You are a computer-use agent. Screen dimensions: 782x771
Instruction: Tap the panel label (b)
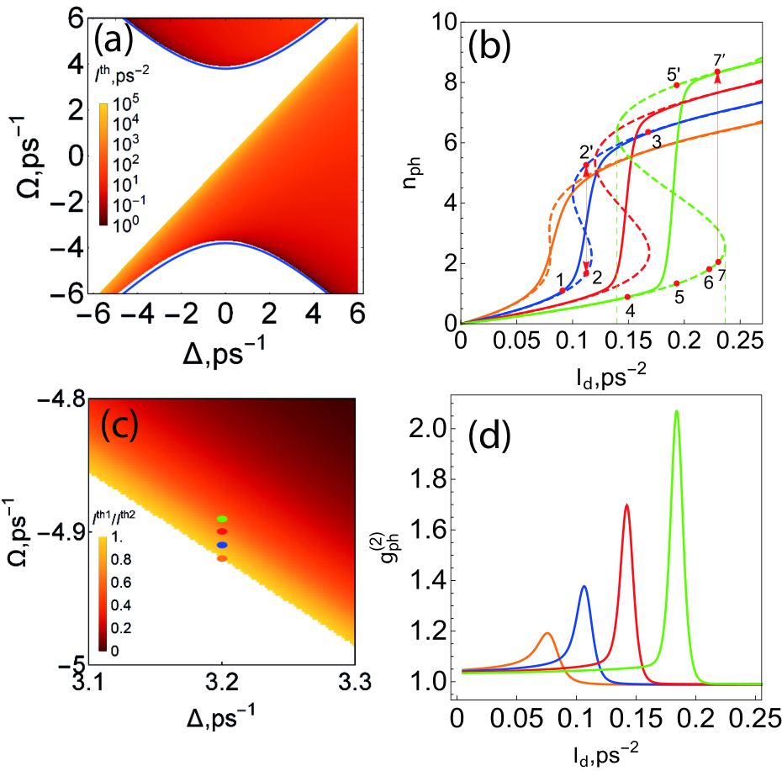tap(489, 46)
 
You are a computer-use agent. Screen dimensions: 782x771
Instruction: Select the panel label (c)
tap(119, 425)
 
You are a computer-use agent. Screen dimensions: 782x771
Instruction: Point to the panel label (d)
tap(490, 437)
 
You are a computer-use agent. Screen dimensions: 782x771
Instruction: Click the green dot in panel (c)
tap(223, 519)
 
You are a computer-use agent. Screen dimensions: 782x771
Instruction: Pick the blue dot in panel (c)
tap(223, 545)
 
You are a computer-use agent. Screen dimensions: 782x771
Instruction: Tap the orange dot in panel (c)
tap(223, 558)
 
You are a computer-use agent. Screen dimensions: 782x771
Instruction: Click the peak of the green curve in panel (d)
tap(676, 411)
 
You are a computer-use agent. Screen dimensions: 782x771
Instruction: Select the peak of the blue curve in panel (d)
tap(584, 587)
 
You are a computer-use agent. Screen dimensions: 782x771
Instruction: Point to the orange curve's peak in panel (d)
tap(547, 633)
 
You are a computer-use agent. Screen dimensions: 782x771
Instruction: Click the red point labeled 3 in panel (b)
tap(648, 132)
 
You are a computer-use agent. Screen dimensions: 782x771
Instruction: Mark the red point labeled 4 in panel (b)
tap(627, 298)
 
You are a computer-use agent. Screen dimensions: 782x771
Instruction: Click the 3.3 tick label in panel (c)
tap(355, 682)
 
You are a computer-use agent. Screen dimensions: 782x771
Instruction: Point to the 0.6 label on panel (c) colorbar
tap(121, 582)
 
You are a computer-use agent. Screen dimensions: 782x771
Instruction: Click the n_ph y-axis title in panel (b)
tap(411, 172)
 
